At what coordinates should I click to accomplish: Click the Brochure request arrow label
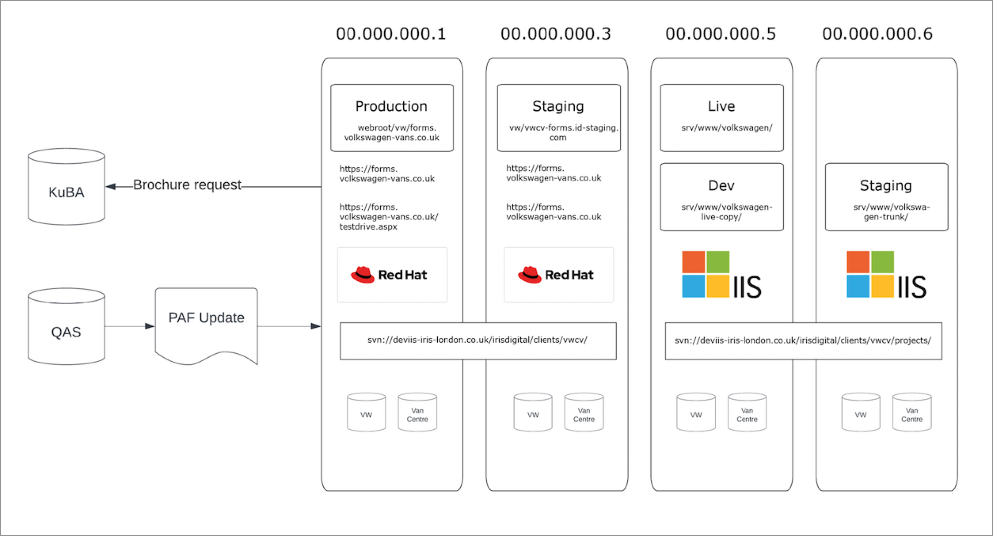pos(187,185)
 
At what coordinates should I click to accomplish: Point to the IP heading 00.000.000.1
pos(391,34)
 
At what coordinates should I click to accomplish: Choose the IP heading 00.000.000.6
pos(877,34)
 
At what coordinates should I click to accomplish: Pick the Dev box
pos(722,197)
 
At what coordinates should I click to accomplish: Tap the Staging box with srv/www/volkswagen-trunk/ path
pos(886,197)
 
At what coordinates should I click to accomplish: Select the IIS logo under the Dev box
pos(722,275)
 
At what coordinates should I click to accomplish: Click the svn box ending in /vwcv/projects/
pos(803,341)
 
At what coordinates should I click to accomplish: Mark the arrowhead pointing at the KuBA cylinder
pos(111,187)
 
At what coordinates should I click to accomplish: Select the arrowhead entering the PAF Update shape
pos(150,326)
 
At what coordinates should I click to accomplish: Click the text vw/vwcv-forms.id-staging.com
pos(563,132)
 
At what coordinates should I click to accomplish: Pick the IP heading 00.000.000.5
pos(720,34)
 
